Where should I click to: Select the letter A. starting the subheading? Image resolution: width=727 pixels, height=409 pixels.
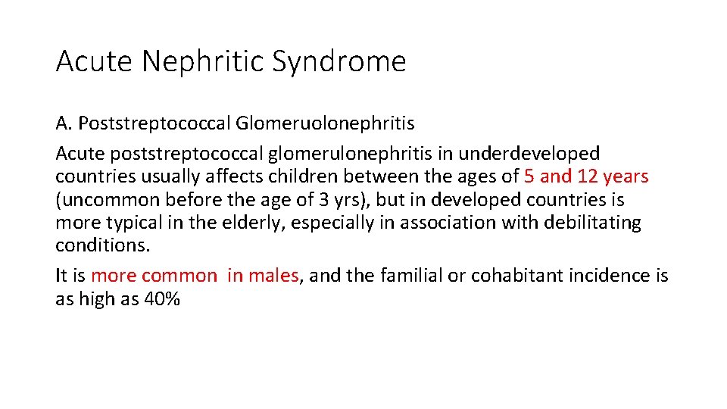tap(64, 123)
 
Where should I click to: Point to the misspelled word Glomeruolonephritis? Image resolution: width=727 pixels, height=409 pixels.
tap(326, 123)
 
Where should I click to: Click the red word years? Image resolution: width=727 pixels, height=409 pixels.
tap(626, 177)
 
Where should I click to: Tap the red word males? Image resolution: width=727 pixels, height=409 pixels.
tap(273, 276)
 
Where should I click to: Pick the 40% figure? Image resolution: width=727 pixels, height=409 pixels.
tap(161, 299)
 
